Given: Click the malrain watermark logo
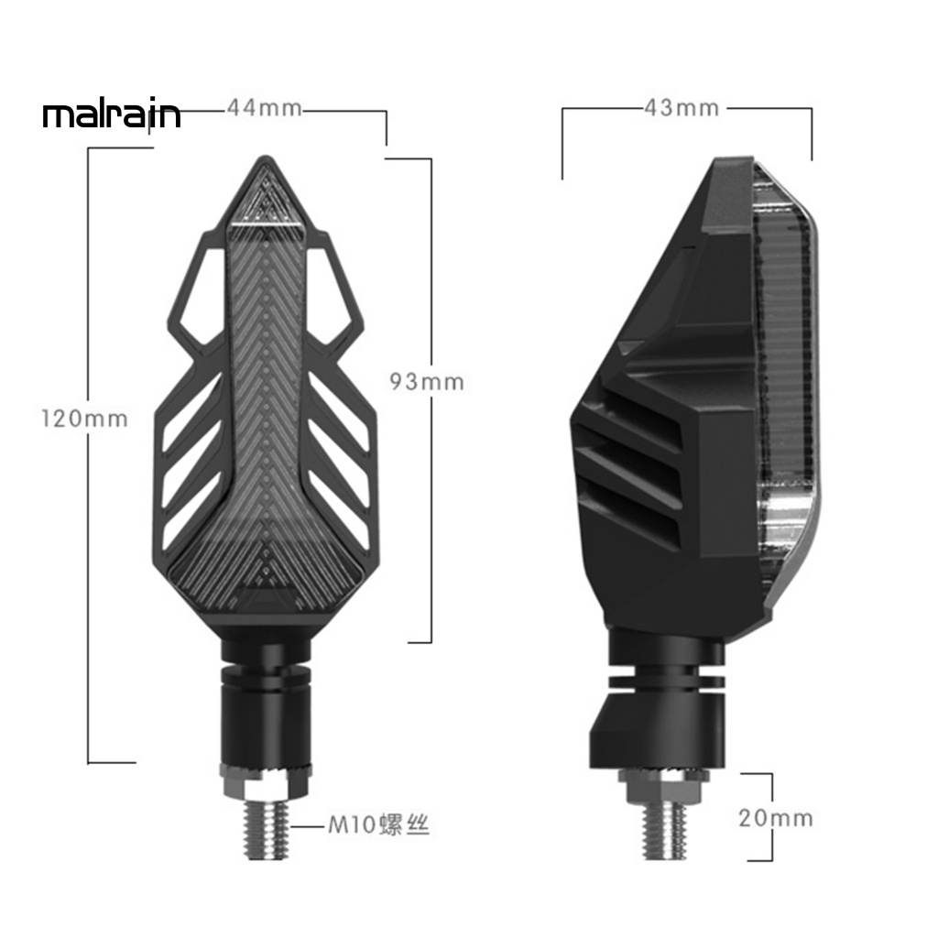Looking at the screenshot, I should tap(112, 116).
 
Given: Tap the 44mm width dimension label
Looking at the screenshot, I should tap(264, 108).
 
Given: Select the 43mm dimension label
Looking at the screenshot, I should tap(682, 108).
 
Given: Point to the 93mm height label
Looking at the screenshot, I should tap(427, 381).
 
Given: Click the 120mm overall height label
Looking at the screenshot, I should tap(84, 420).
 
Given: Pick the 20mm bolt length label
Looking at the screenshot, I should tap(776, 818).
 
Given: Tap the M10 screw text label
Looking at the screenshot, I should tap(379, 826).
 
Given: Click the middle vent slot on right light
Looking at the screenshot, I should tap(632, 464).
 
